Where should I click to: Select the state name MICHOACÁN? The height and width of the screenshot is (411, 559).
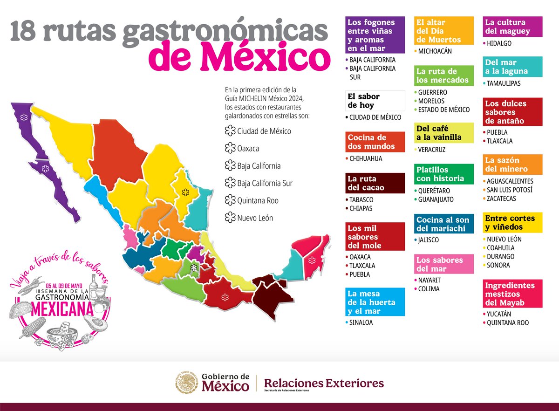pyautogui.click(x=435, y=51)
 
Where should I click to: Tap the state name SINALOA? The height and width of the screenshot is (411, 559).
pyautogui.click(x=361, y=322)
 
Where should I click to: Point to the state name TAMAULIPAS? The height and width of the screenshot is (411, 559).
pyautogui.click(x=504, y=83)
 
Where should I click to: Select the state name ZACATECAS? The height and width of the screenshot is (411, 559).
pyautogui.click(x=501, y=199)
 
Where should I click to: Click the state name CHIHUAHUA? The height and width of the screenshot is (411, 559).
pyautogui.click(x=366, y=158)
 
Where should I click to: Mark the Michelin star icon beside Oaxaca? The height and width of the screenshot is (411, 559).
pyautogui.click(x=230, y=149)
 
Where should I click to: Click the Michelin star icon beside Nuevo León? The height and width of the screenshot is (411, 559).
pyautogui.click(x=230, y=218)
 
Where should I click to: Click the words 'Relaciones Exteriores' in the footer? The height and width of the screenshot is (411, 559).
pyautogui.click(x=324, y=383)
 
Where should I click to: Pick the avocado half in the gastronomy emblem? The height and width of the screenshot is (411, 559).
pyautogui.click(x=96, y=322)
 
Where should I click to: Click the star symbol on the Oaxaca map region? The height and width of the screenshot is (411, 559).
pyautogui.click(x=226, y=295)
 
